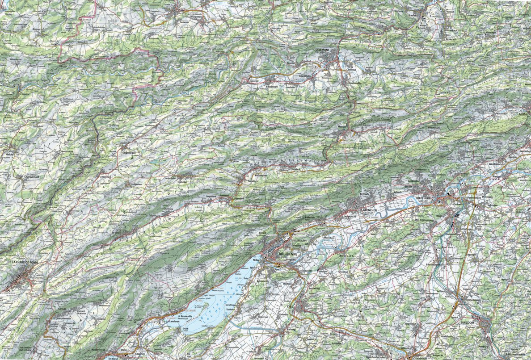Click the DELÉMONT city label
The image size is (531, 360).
(323, 49)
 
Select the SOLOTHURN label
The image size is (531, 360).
(425, 197)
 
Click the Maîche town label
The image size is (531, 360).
(9, 154)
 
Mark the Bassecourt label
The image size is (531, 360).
(271, 85)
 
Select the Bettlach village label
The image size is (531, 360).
(365, 194)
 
